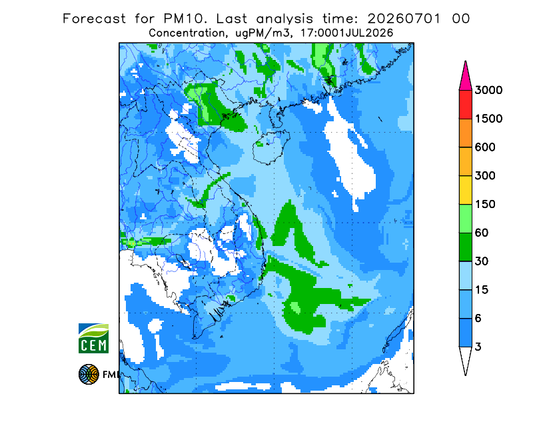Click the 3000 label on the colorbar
tap(488, 90)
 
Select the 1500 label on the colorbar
tap(488, 119)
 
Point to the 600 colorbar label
tap(485, 147)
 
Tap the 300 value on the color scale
tap(485, 176)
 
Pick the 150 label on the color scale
tap(485, 205)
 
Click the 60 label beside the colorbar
tap(482, 233)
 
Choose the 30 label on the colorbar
tap(482, 261)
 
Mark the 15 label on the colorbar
tap(482, 290)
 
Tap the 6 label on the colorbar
tap(478, 319)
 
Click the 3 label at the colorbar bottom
tap(478, 347)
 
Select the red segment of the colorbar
tap(465, 105)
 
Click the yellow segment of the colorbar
tap(465, 190)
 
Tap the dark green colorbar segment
tap(465, 247)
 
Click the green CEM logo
tap(93, 338)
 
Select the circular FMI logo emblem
tap(89, 374)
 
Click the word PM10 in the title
tap(185, 19)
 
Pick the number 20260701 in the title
tap(404, 19)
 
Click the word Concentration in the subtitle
tap(187, 33)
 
